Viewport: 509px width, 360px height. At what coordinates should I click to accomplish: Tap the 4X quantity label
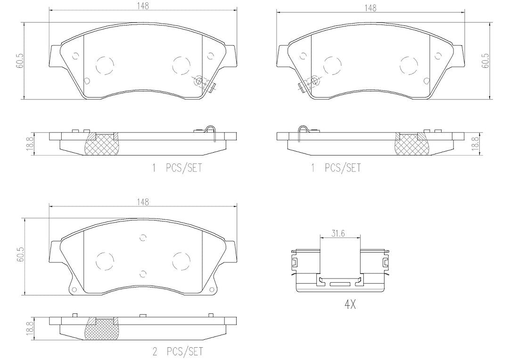click(x=350, y=304)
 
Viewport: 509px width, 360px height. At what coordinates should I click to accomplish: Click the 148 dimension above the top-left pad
click(x=142, y=6)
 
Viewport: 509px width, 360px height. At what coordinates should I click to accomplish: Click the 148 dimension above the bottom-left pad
click(x=142, y=202)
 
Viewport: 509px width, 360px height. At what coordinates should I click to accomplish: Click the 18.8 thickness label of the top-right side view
click(x=475, y=143)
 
